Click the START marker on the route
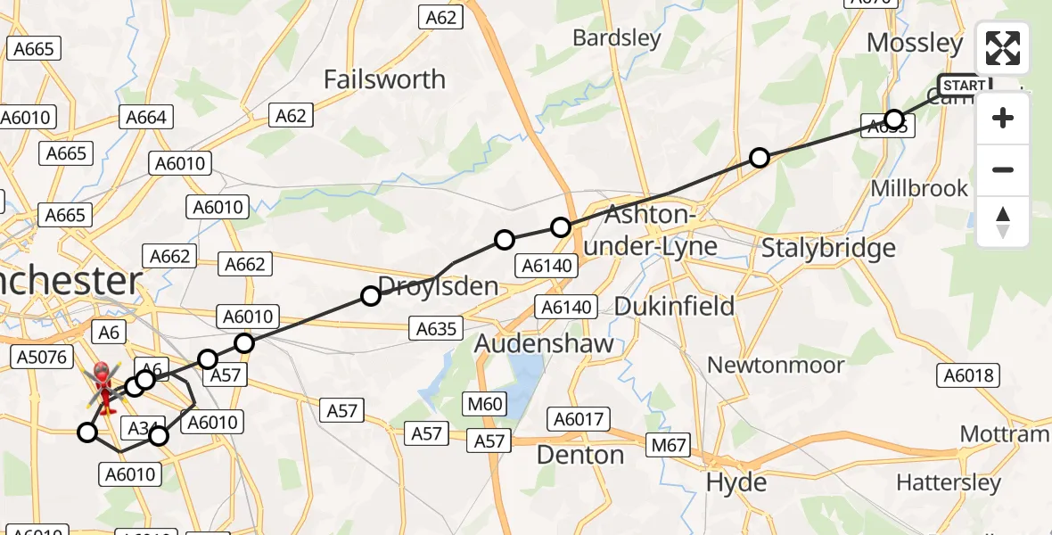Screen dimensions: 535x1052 click(x=964, y=86)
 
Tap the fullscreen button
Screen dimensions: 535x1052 click(x=1003, y=48)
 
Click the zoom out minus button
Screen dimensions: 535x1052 click(x=1003, y=169)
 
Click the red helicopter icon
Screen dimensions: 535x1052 click(x=103, y=389)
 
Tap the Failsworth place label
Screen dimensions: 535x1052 click(x=384, y=79)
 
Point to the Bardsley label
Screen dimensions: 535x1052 click(x=617, y=38)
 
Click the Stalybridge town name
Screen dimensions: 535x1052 click(x=828, y=248)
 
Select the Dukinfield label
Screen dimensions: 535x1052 click(x=675, y=306)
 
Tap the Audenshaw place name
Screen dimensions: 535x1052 click(x=544, y=343)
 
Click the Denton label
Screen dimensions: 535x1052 click(x=580, y=455)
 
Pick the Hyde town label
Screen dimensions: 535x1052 click(x=736, y=482)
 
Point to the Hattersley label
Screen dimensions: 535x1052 click(x=949, y=482)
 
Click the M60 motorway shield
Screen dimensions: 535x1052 click(x=485, y=405)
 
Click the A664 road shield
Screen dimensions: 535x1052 click(x=145, y=117)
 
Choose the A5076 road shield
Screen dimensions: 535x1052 click(x=41, y=358)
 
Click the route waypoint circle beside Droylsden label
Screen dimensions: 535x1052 click(x=370, y=296)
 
